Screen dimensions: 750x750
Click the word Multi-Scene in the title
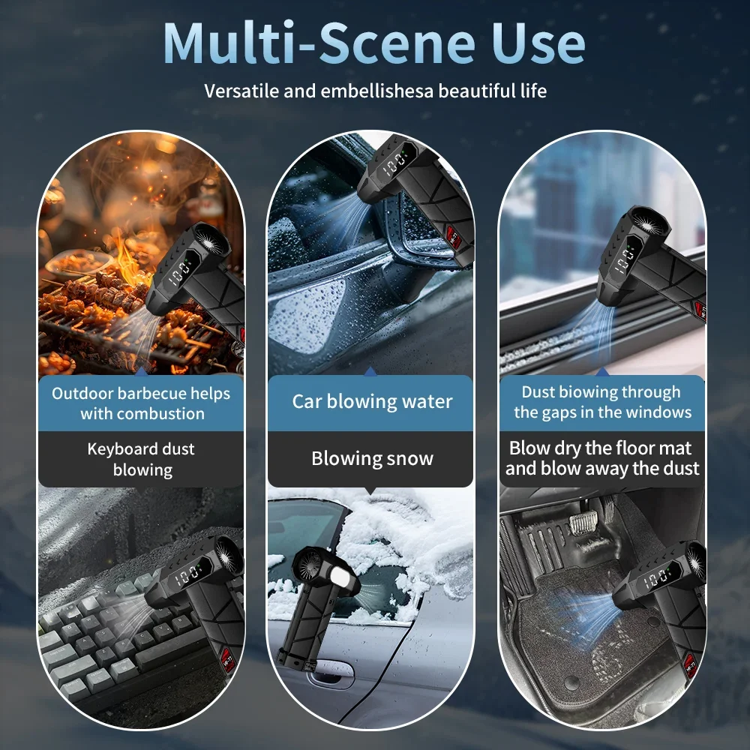(x=319, y=43)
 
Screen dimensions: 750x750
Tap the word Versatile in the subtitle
(x=241, y=91)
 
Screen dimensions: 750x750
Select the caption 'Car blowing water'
(x=372, y=402)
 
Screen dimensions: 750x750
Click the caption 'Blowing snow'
(x=372, y=458)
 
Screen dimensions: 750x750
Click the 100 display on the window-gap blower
(x=625, y=262)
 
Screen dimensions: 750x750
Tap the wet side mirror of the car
(x=410, y=229)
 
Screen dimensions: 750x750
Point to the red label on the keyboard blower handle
(x=228, y=661)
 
